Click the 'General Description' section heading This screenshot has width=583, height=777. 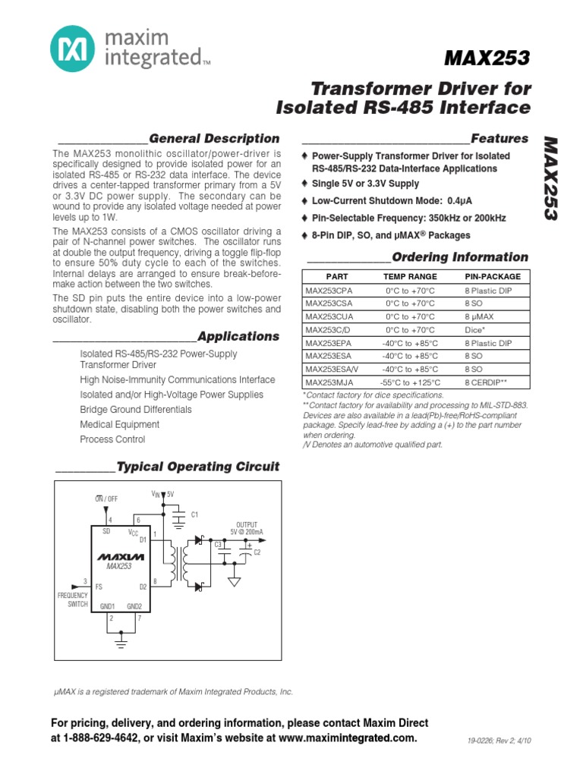[214, 139]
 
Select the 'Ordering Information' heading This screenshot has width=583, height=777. [460, 257]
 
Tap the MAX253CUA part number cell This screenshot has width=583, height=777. [329, 316]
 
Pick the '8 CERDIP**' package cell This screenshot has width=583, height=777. [486, 383]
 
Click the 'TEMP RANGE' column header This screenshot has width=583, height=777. [410, 277]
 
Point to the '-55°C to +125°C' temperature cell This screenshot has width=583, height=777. [410, 383]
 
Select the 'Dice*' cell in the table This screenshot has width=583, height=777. [476, 330]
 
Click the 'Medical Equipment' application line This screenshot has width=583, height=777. [120, 424]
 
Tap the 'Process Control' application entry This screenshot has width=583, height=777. [112, 439]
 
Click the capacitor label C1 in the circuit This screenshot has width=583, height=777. [194, 515]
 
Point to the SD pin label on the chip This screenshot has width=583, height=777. [106, 532]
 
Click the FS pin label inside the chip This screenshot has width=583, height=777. [99, 587]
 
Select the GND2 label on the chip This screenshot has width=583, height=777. [134, 606]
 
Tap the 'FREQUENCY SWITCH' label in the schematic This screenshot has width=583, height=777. [73, 600]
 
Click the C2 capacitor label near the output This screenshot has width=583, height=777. [257, 552]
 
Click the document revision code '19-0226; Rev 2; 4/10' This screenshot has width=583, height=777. [499, 741]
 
